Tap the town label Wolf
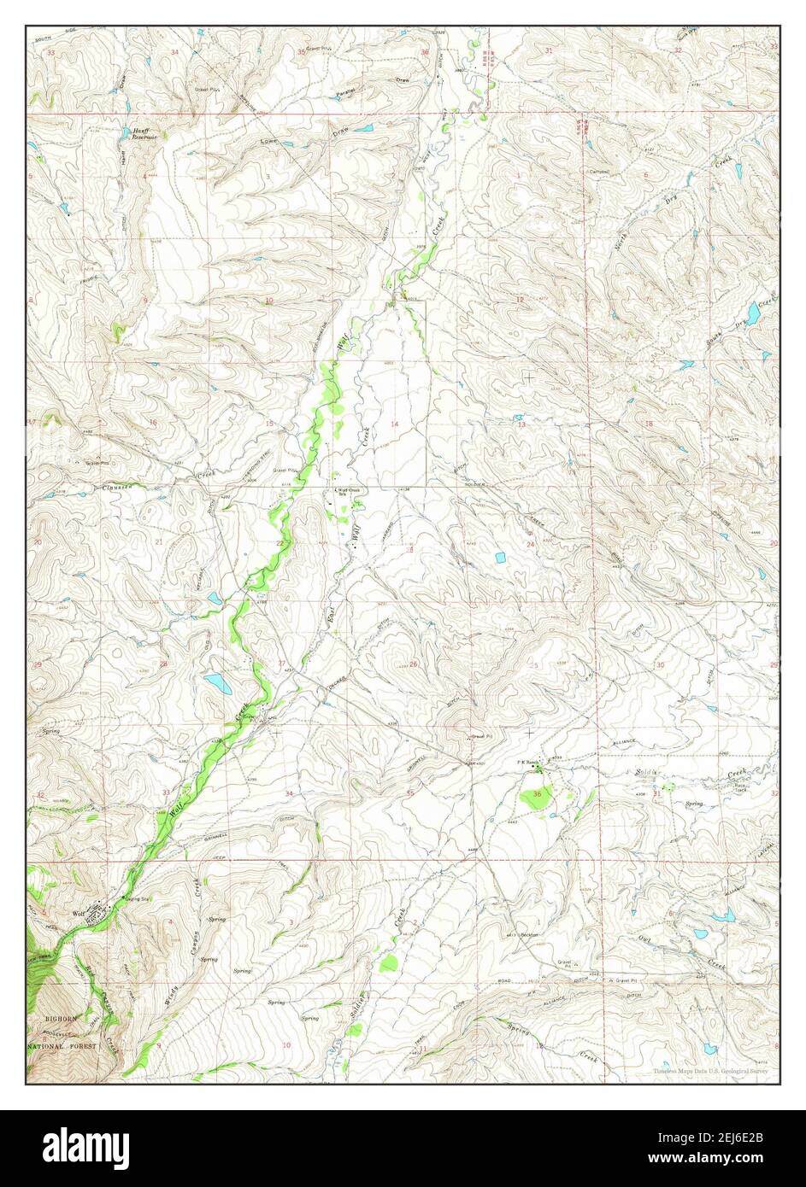[x=78, y=914]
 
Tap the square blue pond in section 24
[x=498, y=558]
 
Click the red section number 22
[x=279, y=543]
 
